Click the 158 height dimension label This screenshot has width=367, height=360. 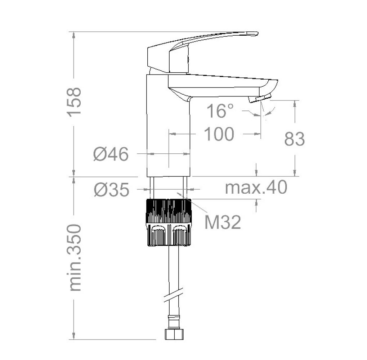[x=74, y=102]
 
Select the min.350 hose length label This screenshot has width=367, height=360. [x=75, y=257]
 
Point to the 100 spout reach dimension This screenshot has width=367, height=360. [x=219, y=134]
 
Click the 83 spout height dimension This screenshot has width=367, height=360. [x=295, y=139]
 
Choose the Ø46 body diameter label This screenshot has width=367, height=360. [x=111, y=154]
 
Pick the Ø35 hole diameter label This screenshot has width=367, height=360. [x=111, y=189]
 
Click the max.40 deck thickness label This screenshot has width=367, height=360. [x=256, y=187]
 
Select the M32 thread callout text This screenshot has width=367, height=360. [x=223, y=222]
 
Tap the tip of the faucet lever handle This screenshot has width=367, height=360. [x=257, y=33]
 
